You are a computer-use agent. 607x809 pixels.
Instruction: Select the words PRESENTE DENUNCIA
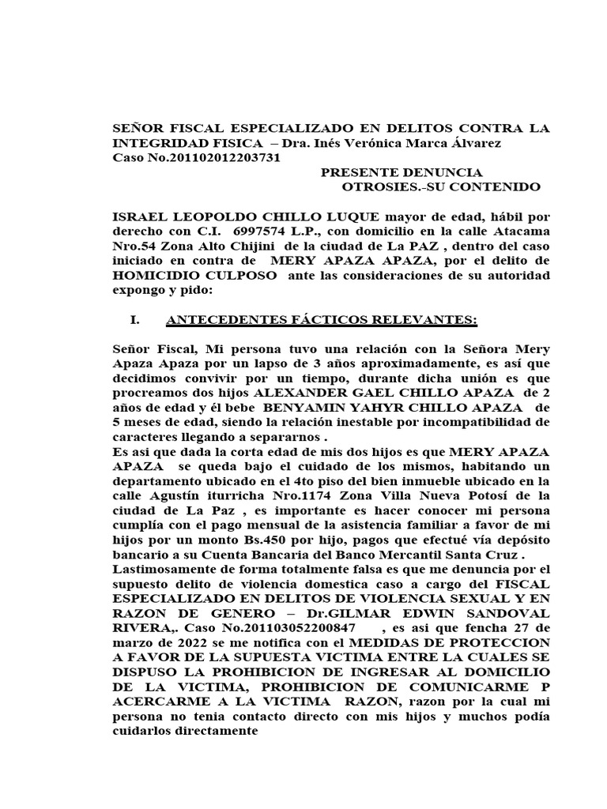pos(401,172)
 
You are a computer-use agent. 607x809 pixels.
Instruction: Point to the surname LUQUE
pos(351,216)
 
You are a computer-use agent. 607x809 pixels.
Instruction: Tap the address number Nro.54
pos(134,246)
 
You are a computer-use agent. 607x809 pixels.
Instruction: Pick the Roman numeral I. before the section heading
pos(134,320)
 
